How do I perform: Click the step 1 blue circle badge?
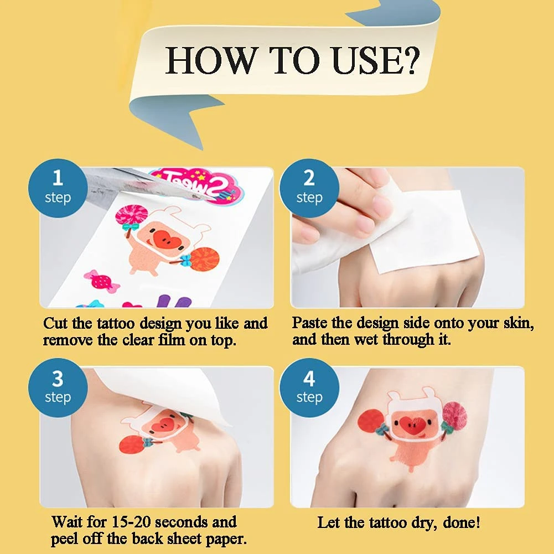[58, 188]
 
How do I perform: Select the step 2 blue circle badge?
[309, 188]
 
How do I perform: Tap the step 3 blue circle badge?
[58, 387]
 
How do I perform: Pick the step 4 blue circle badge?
[309, 387]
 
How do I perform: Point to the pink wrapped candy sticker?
[101, 281]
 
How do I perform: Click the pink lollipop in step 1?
[131, 215]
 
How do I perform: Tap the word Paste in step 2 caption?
[309, 323]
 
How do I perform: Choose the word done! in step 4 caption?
[462, 522]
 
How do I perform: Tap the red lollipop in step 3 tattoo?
[131, 444]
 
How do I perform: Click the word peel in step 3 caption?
[64, 539]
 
